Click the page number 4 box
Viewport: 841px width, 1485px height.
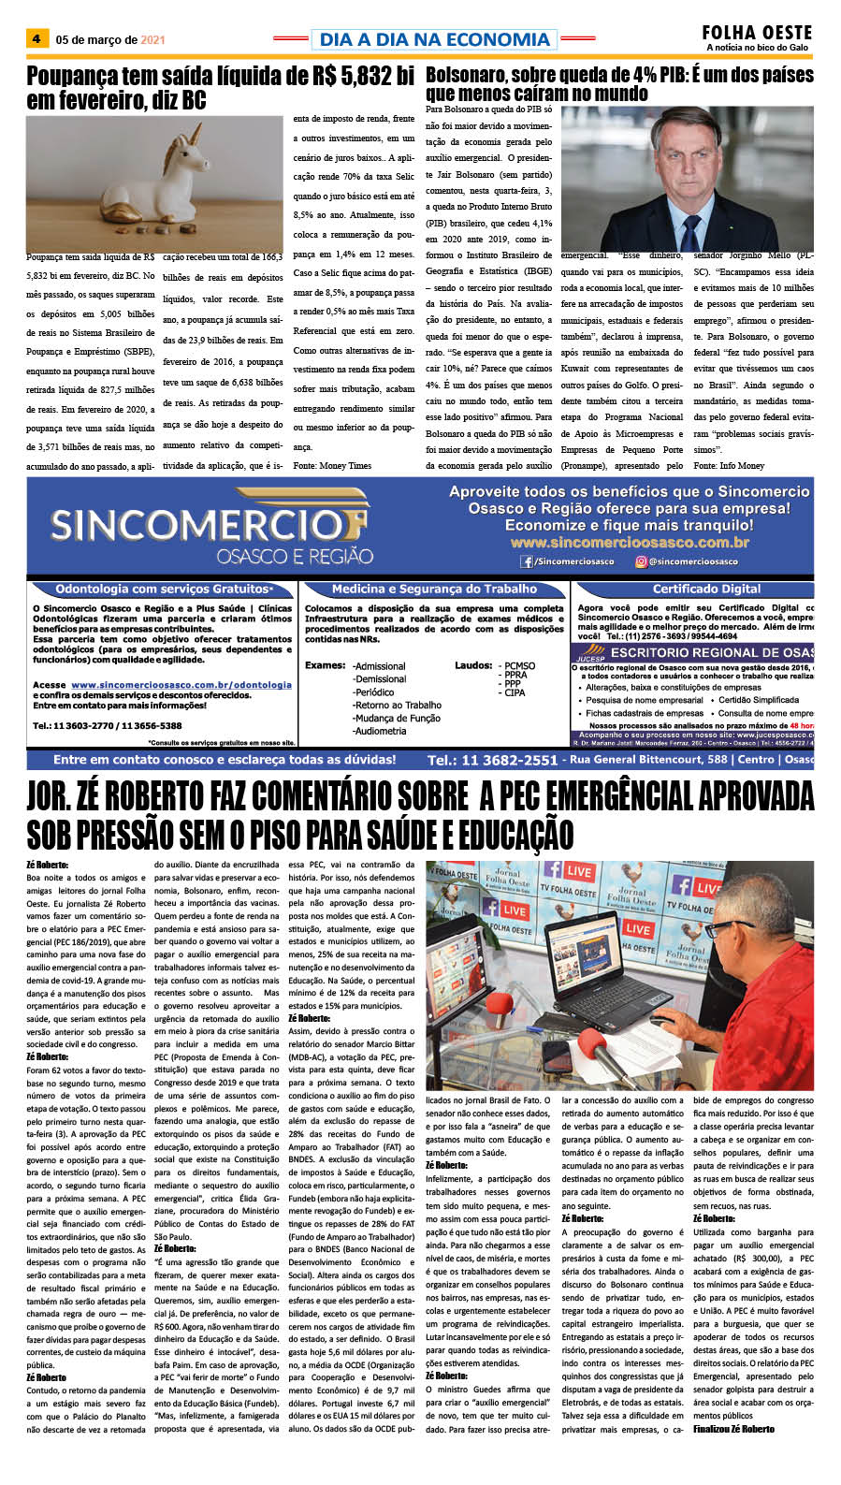(x=36, y=39)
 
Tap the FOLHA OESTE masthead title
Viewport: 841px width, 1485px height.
(x=757, y=33)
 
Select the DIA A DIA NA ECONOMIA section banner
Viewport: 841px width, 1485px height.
(x=434, y=39)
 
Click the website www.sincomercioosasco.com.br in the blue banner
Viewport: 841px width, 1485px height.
(x=629, y=543)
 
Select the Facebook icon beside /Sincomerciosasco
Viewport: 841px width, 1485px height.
(x=528, y=561)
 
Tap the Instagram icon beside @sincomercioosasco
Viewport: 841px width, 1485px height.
(x=641, y=561)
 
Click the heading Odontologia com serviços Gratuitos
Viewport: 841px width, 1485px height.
(x=162, y=589)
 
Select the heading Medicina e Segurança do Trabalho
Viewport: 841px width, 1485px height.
(x=434, y=589)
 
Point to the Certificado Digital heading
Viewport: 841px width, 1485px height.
(x=706, y=589)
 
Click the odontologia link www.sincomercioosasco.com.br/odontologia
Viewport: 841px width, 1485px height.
(x=181, y=685)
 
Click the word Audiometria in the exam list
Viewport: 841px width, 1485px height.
(x=380, y=731)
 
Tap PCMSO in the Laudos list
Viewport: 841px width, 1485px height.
(x=519, y=666)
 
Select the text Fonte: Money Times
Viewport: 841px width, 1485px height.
(x=332, y=465)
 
